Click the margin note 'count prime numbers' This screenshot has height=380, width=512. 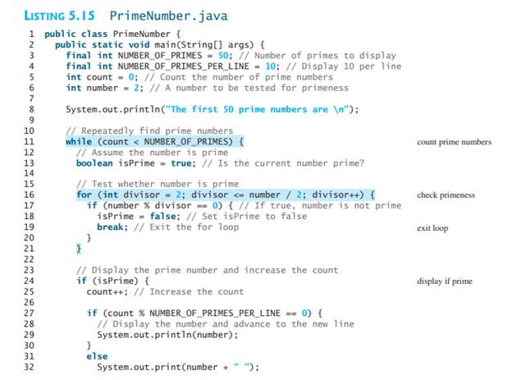[454, 142]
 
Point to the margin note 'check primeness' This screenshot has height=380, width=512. [446, 195]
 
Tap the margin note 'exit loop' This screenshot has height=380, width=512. [432, 227]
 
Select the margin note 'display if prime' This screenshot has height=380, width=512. [445, 281]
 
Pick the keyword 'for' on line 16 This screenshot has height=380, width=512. [84, 195]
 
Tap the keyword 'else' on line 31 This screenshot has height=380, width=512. [97, 355]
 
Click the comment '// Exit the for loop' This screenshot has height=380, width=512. [179, 227]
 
